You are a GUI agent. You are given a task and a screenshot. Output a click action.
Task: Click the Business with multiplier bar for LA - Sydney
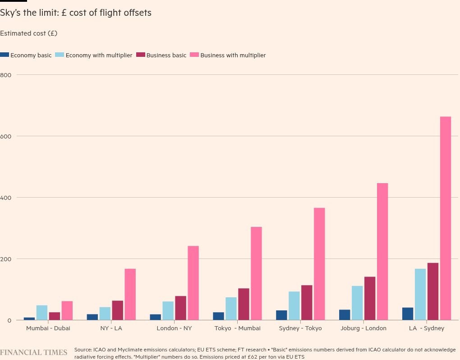coord(445,218)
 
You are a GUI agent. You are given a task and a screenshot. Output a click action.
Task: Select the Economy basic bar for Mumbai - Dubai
coord(29,318)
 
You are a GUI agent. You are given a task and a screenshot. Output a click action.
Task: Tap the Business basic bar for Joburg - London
coord(370,298)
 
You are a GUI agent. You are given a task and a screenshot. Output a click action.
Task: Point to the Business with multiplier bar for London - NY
coord(193,283)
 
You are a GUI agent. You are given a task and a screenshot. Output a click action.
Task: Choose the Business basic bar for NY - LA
coord(118,310)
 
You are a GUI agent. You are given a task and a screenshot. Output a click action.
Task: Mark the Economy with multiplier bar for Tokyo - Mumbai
coord(231,309)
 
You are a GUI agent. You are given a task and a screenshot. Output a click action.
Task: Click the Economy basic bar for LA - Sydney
coord(408,314)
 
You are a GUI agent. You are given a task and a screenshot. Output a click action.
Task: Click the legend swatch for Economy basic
coord(5,55)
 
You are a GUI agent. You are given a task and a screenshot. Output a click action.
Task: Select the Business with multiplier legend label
coord(233,55)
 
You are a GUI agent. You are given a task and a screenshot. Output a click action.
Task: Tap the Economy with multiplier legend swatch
coord(60,55)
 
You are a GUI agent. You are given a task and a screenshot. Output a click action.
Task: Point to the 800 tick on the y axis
coord(6,75)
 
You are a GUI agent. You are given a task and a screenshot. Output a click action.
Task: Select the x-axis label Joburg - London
coord(363,328)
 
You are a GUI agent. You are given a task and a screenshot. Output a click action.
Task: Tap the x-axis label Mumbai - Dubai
coord(48,328)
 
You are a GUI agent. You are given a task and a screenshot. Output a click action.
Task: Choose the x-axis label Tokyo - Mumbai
coord(237,328)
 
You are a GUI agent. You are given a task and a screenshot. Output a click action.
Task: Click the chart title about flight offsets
coord(76,13)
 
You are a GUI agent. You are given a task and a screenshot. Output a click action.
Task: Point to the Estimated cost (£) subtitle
coord(29,33)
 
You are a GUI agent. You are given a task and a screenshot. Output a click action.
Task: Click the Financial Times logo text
coord(34,352)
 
